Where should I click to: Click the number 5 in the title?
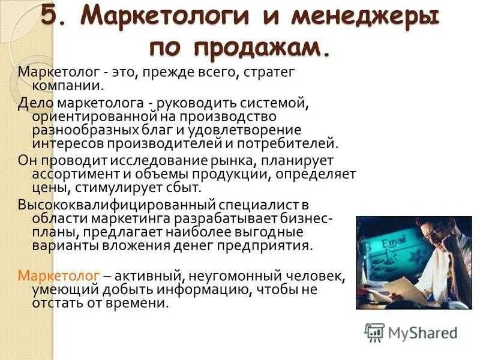pos(51,17)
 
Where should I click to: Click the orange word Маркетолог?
pos(59,275)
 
